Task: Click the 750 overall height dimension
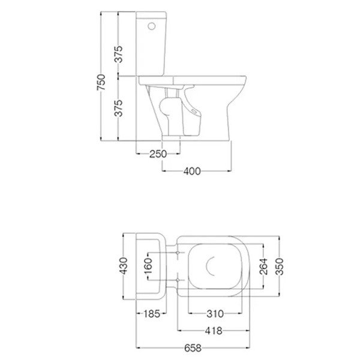coord(101,82)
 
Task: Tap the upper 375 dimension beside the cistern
coord(119,54)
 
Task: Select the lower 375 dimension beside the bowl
coord(119,108)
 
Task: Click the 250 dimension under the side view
coord(158,154)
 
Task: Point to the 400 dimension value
coord(192,171)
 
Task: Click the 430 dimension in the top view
coord(123,266)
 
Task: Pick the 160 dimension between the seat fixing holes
coord(148,266)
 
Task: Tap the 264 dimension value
coord(263,266)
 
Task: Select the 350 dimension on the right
coord(280,266)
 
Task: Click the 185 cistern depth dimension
coord(152,314)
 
